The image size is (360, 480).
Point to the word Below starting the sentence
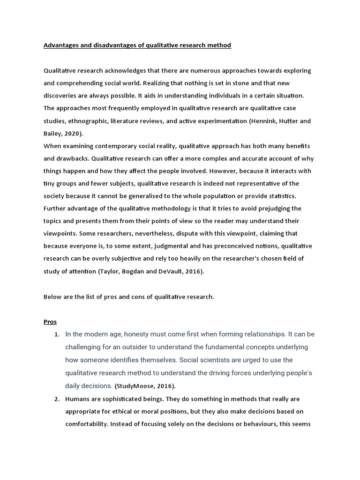pyautogui.click(x=52, y=297)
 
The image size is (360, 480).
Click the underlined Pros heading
pyautogui.click(x=50, y=322)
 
